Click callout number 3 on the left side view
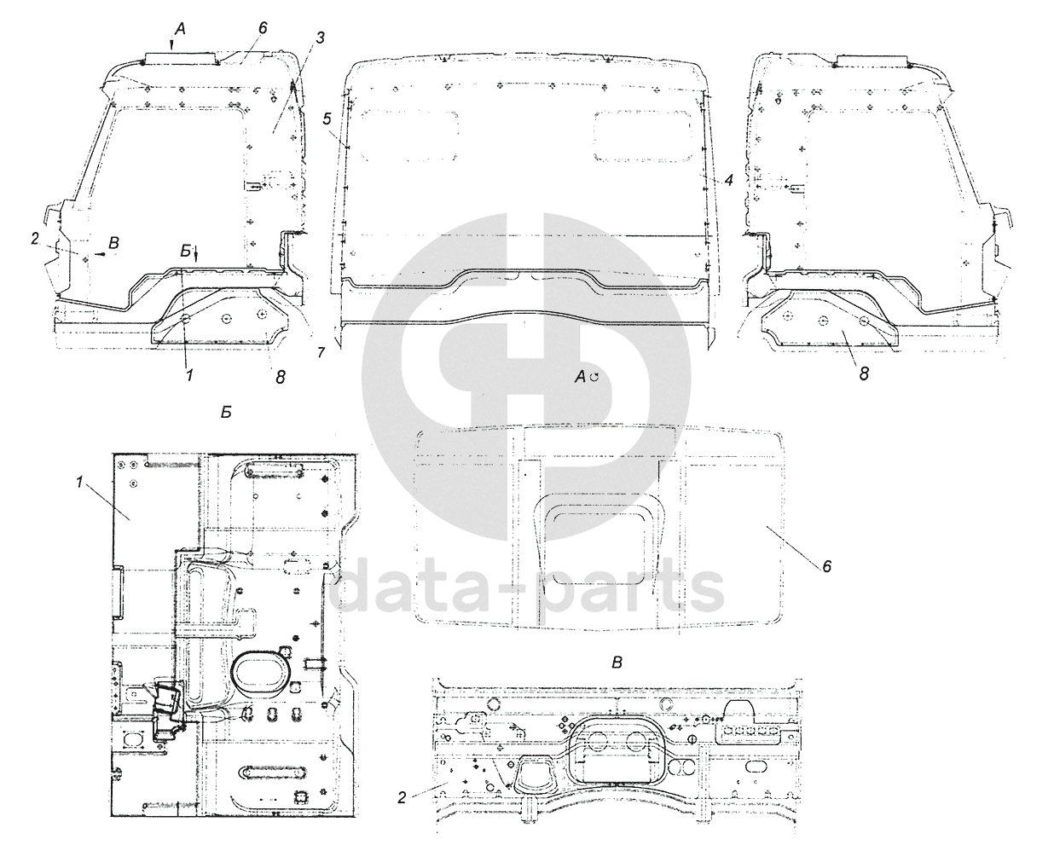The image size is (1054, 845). (320, 38)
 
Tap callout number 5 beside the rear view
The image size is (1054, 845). (327, 119)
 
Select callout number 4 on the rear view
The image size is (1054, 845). (728, 181)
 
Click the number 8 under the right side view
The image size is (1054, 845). (864, 374)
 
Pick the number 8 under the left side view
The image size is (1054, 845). (281, 377)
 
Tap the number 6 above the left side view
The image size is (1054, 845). (263, 28)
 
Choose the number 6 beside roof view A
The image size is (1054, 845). (827, 567)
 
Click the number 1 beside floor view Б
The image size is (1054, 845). (78, 483)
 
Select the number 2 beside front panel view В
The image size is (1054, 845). (402, 798)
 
